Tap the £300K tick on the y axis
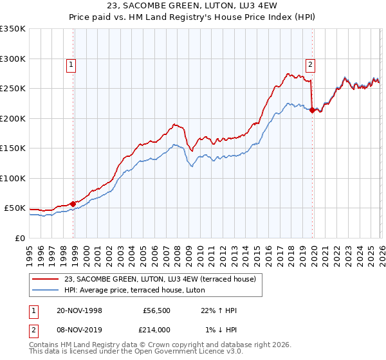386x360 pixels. pos(13,59)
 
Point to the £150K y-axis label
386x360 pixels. pos(13,148)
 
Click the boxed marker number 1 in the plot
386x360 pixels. pos(70,64)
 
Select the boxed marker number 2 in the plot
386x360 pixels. pos(310,64)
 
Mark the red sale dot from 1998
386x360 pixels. pos(73,204)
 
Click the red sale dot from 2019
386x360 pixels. pos(311,110)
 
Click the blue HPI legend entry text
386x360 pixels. pos(134,290)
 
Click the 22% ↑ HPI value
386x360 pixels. pos(219,310)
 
